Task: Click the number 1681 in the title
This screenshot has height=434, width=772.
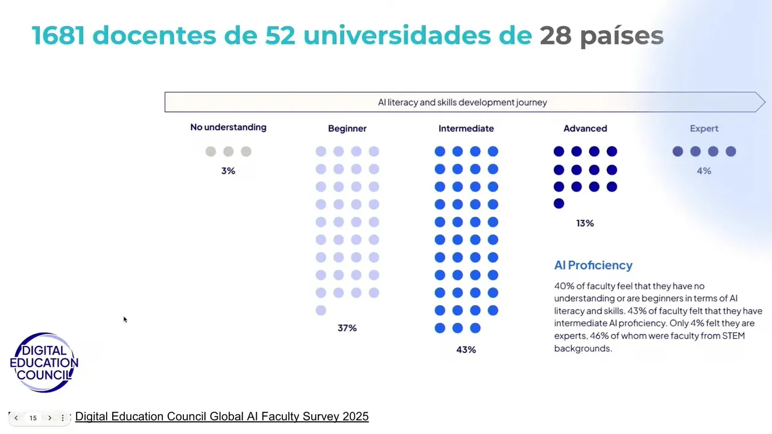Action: click(59, 36)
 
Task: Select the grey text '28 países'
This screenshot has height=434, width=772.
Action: click(601, 36)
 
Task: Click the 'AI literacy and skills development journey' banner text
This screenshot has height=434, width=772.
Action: click(462, 102)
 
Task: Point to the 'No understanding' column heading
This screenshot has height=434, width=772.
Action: click(228, 127)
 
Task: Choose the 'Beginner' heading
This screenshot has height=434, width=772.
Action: click(347, 128)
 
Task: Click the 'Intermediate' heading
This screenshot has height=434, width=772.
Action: click(466, 128)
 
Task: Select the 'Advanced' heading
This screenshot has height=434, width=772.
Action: click(585, 128)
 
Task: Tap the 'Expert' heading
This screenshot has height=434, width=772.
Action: click(704, 128)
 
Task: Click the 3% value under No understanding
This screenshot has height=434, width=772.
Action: click(228, 171)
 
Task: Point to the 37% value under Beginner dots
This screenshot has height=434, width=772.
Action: click(347, 328)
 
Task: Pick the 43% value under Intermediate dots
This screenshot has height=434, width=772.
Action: click(466, 350)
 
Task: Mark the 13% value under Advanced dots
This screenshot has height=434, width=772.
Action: click(585, 223)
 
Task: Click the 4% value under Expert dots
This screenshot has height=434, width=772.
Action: click(704, 171)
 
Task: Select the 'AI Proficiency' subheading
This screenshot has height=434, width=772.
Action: click(593, 265)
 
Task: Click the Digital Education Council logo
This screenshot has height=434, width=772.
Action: click(44, 363)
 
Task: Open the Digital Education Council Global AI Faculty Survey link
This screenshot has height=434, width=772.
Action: click(221, 417)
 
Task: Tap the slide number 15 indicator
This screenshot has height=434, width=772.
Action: click(33, 418)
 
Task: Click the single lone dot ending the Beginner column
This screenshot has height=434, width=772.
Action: click(321, 310)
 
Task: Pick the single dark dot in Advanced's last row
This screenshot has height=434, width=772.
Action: click(559, 204)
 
